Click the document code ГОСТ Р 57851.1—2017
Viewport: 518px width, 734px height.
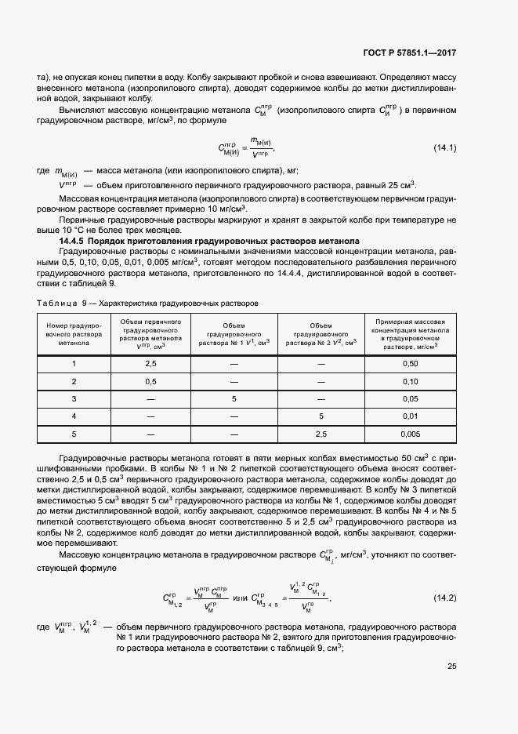pyautogui.click(x=410, y=53)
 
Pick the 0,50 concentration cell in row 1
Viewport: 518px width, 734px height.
pyautogui.click(x=410, y=364)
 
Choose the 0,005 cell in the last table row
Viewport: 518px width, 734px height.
pyautogui.click(x=410, y=433)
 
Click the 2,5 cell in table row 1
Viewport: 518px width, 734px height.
pyautogui.click(x=151, y=364)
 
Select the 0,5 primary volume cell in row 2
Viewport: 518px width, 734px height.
pyautogui.click(x=151, y=381)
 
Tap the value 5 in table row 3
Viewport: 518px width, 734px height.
pyautogui.click(x=234, y=398)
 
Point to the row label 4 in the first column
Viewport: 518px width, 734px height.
pyautogui.click(x=74, y=416)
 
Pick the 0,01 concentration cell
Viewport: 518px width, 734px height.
pyautogui.click(x=410, y=416)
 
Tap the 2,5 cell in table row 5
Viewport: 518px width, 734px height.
pyautogui.click(x=321, y=433)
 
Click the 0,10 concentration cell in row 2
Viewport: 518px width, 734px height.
pyautogui.click(x=410, y=381)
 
